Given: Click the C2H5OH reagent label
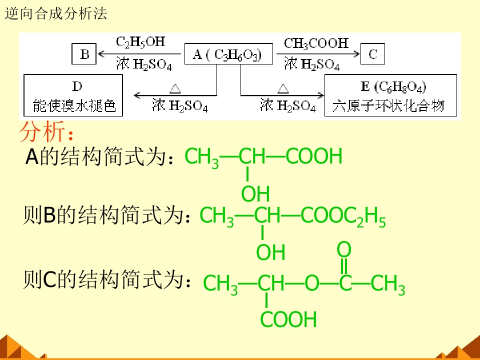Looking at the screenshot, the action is coord(140,42).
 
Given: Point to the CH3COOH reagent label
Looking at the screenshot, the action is coord(316,43).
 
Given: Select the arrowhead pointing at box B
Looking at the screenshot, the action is coord(101,54).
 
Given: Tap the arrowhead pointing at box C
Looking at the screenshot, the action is coord(356,54).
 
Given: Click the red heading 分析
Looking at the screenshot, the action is coord(42,131).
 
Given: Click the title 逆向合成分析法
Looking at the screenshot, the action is coord(56,14).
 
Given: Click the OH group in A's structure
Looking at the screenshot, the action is coord(255,194).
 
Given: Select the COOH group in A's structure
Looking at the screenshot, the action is coord(314,156).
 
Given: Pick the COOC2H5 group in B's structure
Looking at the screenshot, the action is coord(343,216).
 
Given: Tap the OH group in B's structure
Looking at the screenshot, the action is coord(270,252).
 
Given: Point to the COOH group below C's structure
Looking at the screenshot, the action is coord(288,319).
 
